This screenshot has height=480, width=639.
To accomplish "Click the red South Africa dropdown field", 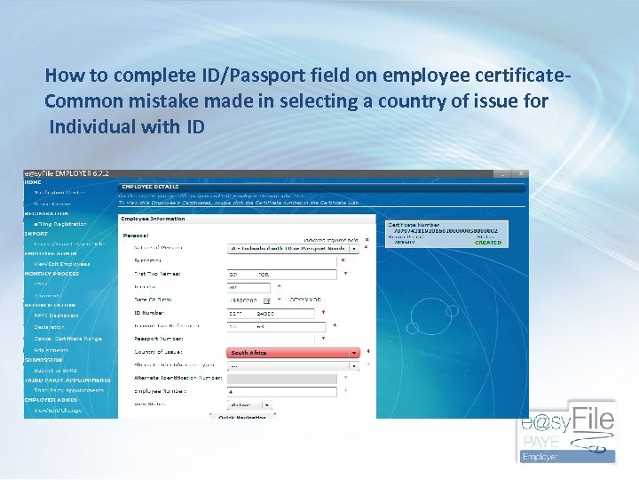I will pyautogui.click(x=293, y=353).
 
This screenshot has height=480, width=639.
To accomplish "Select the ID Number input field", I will pyautogui.click(x=271, y=313).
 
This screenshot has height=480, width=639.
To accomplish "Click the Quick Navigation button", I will pyautogui.click(x=237, y=416).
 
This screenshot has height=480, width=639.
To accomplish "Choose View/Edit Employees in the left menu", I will pyautogui.click(x=62, y=264).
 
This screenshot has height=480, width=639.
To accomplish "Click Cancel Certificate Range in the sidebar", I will pyautogui.click(x=67, y=339).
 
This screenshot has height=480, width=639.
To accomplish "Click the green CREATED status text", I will pyautogui.click(x=488, y=243).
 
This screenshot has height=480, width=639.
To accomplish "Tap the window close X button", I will pyautogui.click(x=522, y=173).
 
